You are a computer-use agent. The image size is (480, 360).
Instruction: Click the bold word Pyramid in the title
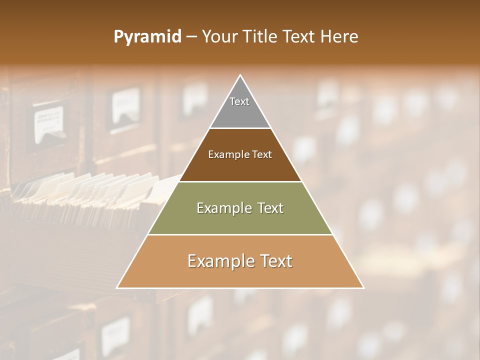(147, 37)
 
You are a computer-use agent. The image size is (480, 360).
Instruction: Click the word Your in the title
(218, 37)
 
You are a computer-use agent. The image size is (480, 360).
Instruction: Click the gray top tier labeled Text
(239, 107)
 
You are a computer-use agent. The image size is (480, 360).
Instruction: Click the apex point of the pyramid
(240, 75)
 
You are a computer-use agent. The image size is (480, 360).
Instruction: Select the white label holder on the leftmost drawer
(49, 122)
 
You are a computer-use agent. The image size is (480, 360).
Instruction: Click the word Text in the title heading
(300, 37)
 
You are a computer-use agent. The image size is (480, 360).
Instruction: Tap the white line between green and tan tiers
(240, 234)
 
